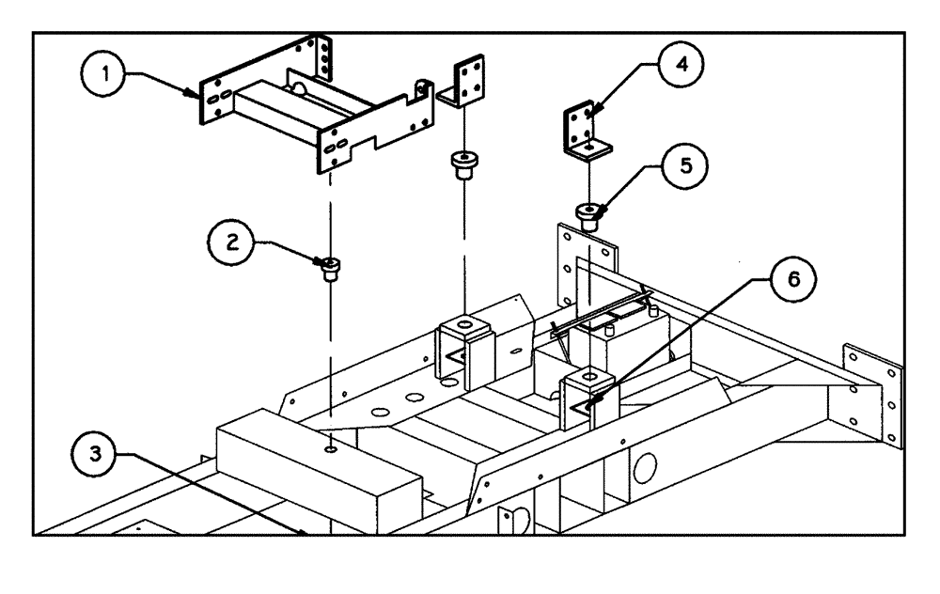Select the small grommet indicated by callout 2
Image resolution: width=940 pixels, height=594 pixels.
[331, 270]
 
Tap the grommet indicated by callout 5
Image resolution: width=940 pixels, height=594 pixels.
[589, 217]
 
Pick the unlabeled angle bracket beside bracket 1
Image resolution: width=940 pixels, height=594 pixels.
[464, 85]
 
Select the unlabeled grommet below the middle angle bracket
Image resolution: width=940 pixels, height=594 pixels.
[463, 165]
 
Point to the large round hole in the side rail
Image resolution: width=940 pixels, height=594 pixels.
[646, 466]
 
